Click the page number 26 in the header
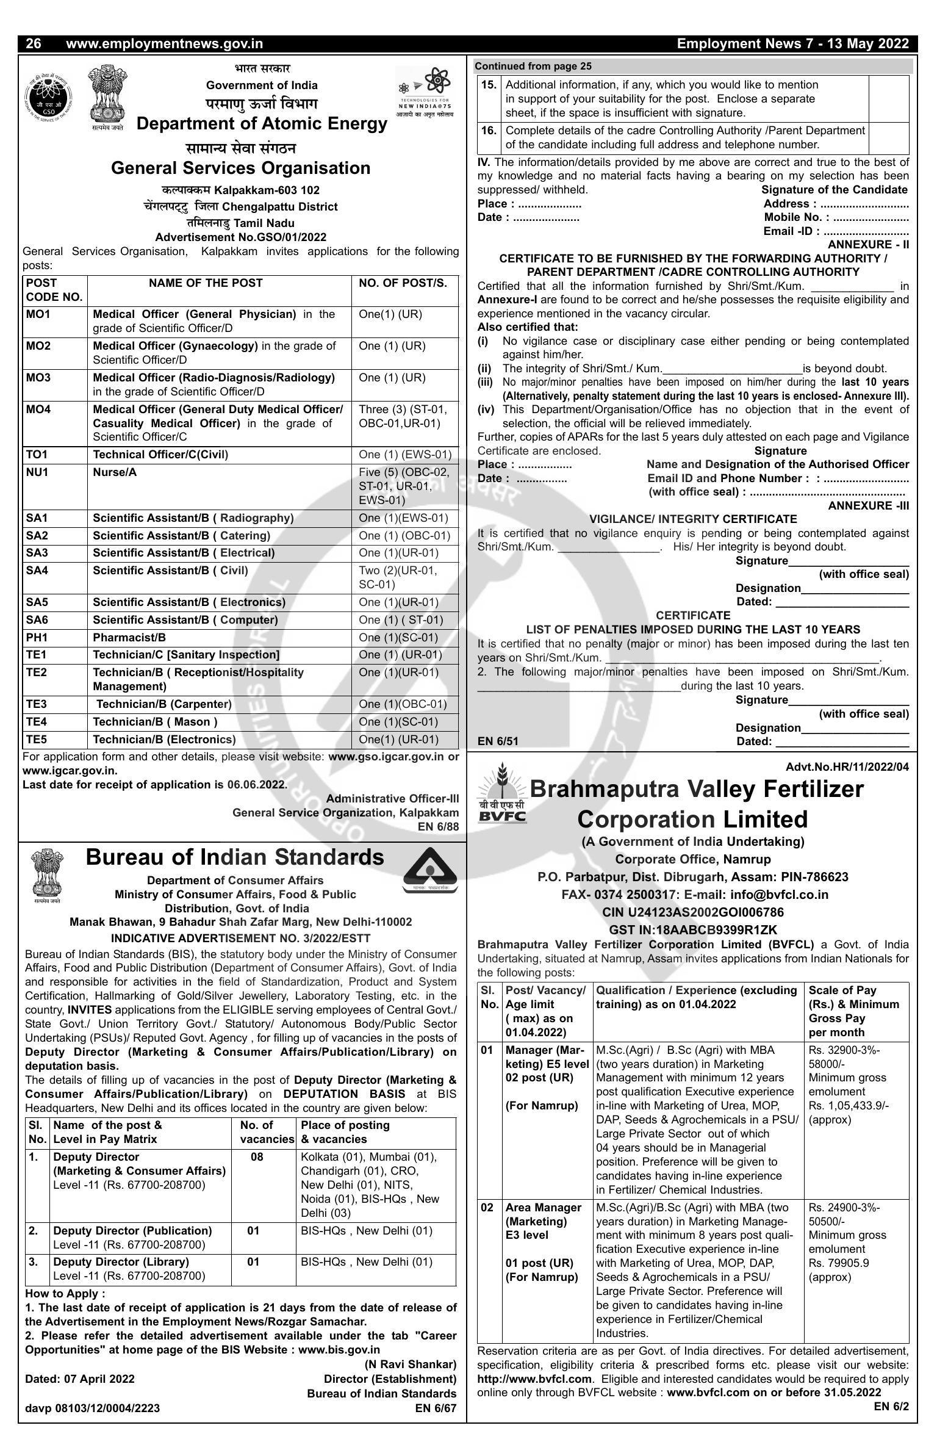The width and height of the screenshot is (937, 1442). (34, 44)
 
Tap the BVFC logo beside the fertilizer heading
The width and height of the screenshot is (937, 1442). (501, 794)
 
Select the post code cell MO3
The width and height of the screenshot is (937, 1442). (38, 378)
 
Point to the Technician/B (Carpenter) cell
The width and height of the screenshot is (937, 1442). (163, 704)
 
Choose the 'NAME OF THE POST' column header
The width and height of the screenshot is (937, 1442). (206, 283)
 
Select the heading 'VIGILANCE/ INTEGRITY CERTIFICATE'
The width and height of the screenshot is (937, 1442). (693, 519)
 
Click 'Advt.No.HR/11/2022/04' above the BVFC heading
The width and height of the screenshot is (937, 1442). (847, 767)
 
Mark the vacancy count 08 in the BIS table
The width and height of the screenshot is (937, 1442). (257, 1157)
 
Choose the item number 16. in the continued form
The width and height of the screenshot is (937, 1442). (489, 131)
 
